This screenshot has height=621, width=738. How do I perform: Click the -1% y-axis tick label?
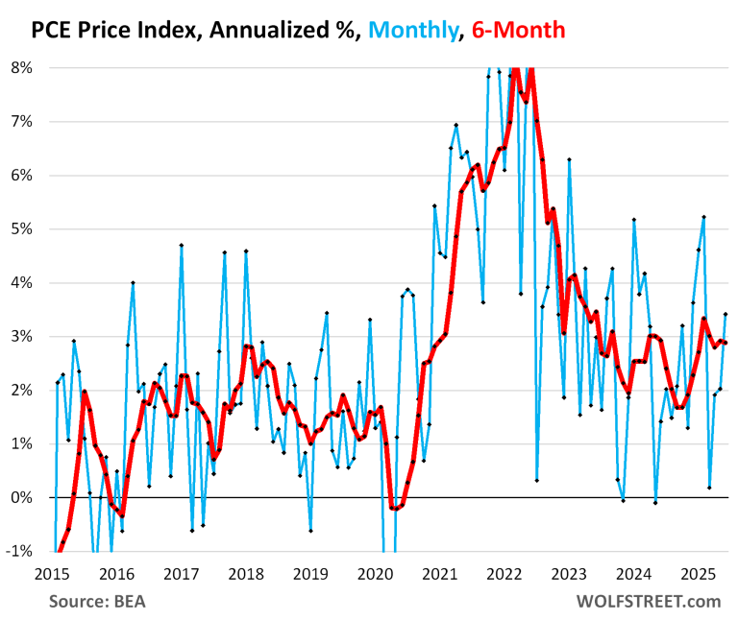coord(21,551)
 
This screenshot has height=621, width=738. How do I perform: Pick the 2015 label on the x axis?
coord(51,574)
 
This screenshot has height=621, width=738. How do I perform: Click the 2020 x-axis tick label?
coord(376,574)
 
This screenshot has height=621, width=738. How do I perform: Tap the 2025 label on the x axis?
coord(700,574)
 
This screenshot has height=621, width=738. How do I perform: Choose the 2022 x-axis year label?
coord(505,574)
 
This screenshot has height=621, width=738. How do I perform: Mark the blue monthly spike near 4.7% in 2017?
coord(181,245)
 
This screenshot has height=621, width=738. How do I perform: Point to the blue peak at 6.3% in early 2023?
coord(569,159)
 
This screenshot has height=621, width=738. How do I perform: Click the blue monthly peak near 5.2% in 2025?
coord(704,217)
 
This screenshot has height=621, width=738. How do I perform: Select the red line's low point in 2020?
coord(394,509)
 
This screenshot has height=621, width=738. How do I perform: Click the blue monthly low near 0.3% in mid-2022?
coord(536,480)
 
